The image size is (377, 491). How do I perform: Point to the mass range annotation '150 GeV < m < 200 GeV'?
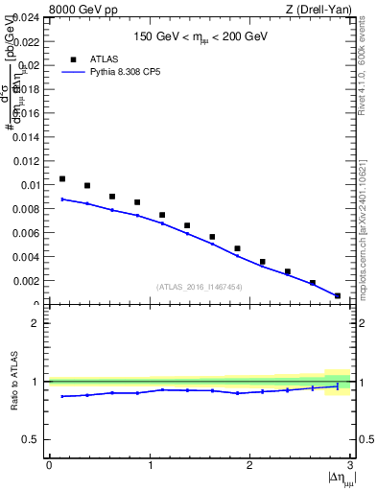pyautogui.click(x=199, y=37)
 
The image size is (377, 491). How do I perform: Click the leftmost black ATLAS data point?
pyautogui.click(x=62, y=178)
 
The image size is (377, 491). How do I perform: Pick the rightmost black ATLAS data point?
pyautogui.click(x=337, y=296)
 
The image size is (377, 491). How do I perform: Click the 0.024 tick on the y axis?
pyautogui.click(x=25, y=17)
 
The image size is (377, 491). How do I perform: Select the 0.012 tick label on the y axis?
pyautogui.click(x=25, y=161)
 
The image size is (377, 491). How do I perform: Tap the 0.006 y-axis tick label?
pyautogui.click(x=25, y=233)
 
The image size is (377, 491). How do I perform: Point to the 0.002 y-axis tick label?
pyautogui.click(x=25, y=281)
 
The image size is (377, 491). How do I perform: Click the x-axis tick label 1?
pyautogui.click(x=149, y=465)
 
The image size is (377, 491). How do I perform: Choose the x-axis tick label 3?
pyautogui.click(x=349, y=465)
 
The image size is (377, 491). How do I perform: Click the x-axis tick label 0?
pyautogui.click(x=49, y=465)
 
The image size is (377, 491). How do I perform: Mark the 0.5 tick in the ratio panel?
pyautogui.click(x=34, y=439)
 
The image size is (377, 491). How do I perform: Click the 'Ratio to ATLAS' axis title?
pyautogui.click(x=14, y=381)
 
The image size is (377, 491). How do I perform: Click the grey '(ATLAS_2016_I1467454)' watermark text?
pyautogui.click(x=199, y=286)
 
